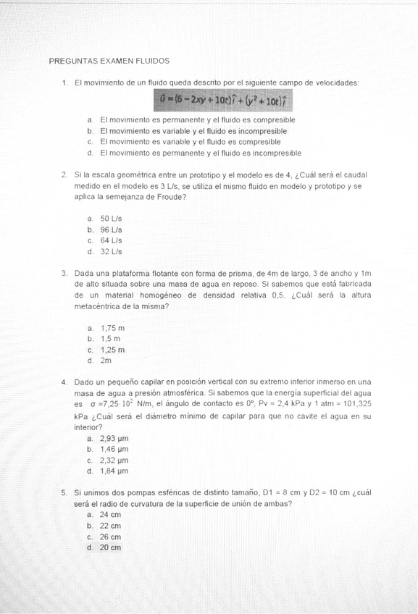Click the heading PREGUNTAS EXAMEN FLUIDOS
(x=109, y=62)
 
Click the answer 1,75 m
(x=112, y=327)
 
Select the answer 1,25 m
(x=112, y=350)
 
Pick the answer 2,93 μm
(x=114, y=438)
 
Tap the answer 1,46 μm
(x=114, y=449)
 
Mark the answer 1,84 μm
(x=114, y=471)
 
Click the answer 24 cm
(x=110, y=514)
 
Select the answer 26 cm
(x=110, y=537)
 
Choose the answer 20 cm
(x=110, y=547)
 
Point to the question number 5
(x=64, y=492)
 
